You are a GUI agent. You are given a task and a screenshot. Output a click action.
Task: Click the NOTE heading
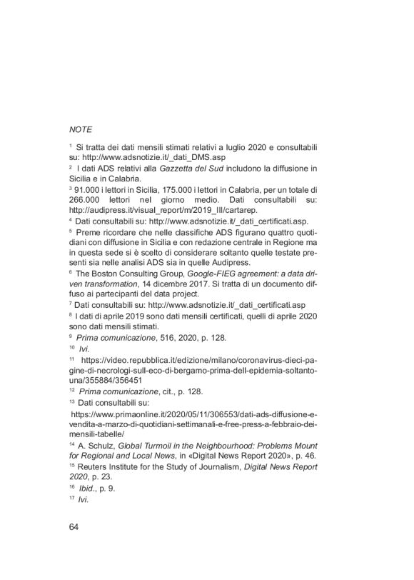coord(81,130)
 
